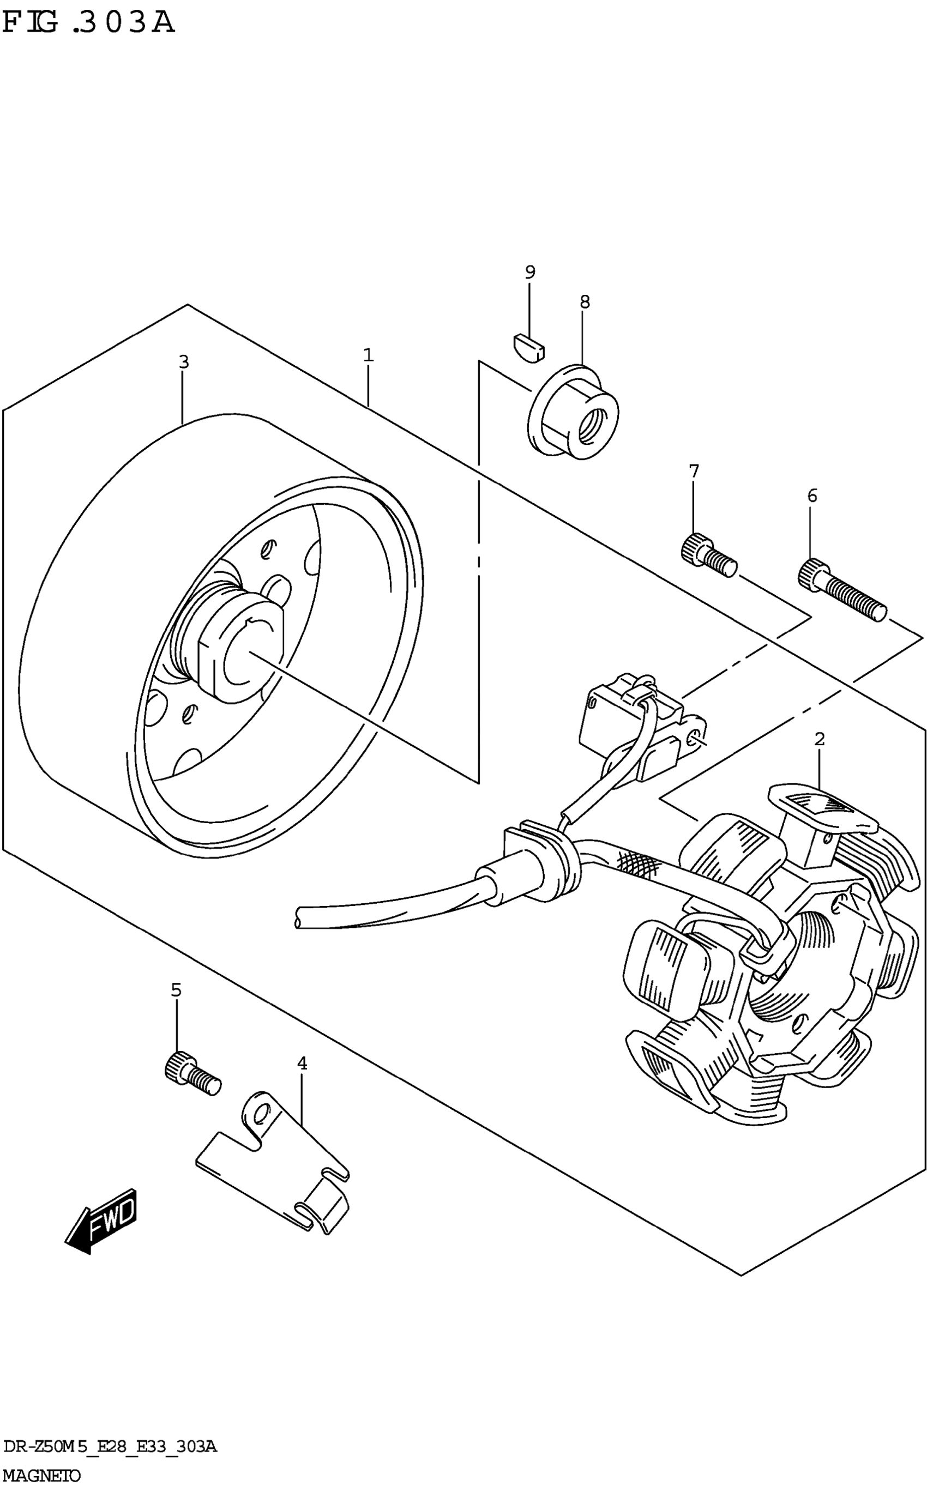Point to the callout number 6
812,496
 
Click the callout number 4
302,1063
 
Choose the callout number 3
183,362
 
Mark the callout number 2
819,740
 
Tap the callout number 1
368,355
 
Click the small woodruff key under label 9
528,347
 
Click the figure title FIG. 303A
88,24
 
